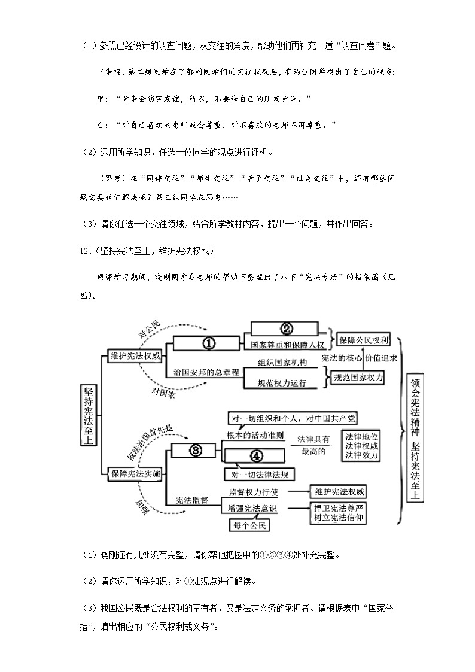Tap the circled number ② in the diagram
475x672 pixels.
click(x=286, y=329)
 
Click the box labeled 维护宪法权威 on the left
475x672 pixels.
click(x=135, y=356)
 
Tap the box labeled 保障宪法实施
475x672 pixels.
click(x=135, y=473)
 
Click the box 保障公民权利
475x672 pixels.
click(x=363, y=340)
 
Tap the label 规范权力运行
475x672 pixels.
click(x=282, y=383)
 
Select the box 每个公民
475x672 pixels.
click(x=249, y=525)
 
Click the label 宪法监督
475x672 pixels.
click(x=191, y=500)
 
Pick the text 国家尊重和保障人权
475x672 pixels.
click(x=286, y=345)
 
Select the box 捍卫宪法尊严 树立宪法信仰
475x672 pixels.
click(x=338, y=513)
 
